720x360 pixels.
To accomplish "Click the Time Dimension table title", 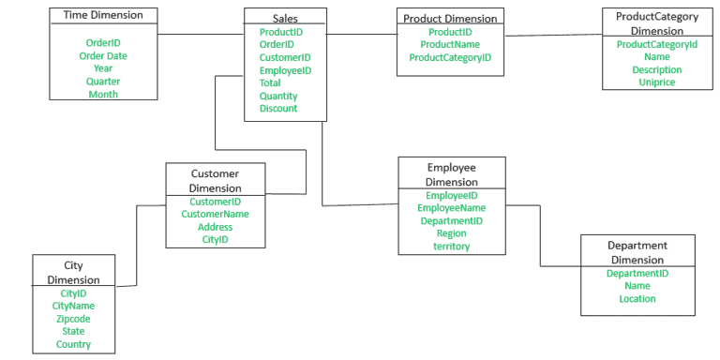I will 103,15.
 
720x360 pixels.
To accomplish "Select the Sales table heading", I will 286,18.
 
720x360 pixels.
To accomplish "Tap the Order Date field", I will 103,55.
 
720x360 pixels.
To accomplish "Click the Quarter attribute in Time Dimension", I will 103,81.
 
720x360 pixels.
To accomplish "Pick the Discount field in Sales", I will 278,108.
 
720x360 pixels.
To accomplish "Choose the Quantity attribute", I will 278,96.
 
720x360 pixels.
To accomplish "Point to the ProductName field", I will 450,44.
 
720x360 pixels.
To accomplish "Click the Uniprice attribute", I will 656,82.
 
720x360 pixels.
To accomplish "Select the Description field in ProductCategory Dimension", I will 656,69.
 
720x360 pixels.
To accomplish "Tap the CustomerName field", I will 215,214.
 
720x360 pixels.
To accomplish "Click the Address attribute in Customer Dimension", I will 215,227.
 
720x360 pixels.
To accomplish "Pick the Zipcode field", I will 73,318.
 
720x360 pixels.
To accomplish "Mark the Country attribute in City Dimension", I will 73,344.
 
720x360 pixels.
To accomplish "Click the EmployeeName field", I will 452,207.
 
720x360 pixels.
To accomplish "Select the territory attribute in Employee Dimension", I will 452,247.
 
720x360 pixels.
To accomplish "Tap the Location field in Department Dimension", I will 637,299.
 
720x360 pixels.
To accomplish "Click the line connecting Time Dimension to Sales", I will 201,35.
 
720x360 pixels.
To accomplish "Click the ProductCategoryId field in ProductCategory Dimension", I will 656,44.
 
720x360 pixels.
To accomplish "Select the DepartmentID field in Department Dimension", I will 637,273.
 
